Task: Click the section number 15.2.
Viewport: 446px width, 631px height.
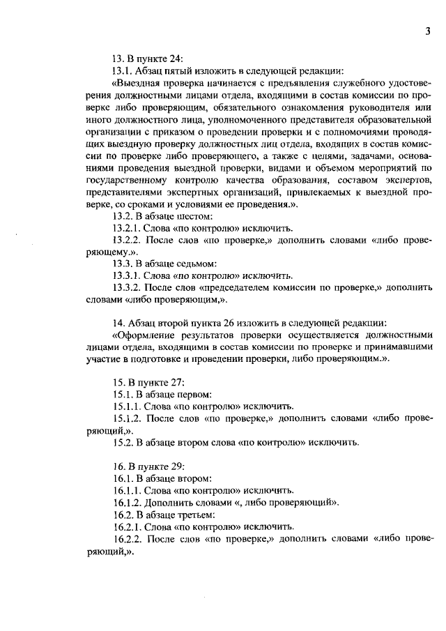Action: [x=125, y=442]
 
